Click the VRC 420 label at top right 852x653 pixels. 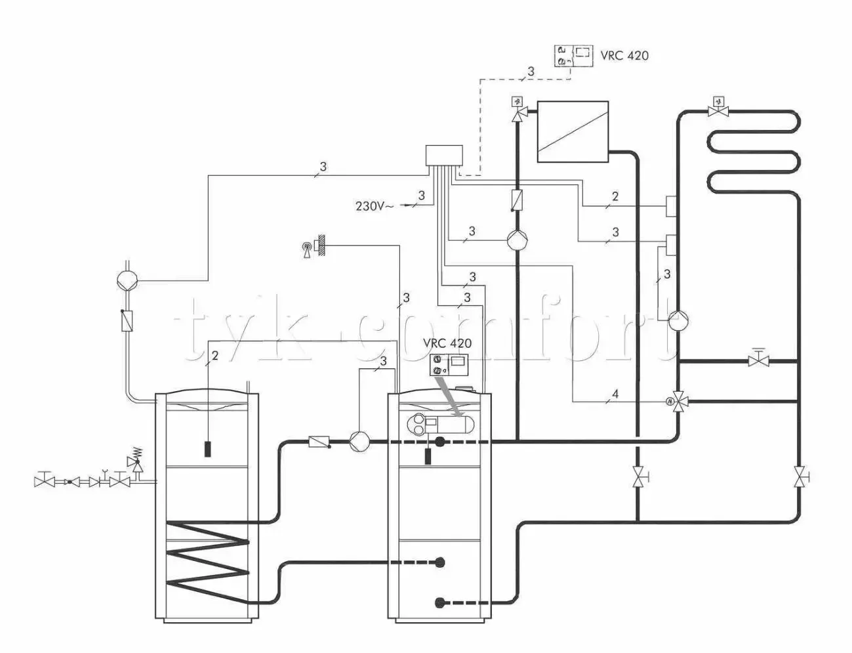point(624,55)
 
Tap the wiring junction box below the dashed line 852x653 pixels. point(444,156)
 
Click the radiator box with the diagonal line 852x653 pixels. point(573,131)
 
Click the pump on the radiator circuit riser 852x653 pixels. point(517,240)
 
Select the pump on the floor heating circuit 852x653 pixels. point(678,320)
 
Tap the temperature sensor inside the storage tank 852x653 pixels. point(207,450)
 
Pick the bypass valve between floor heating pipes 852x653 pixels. point(760,360)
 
